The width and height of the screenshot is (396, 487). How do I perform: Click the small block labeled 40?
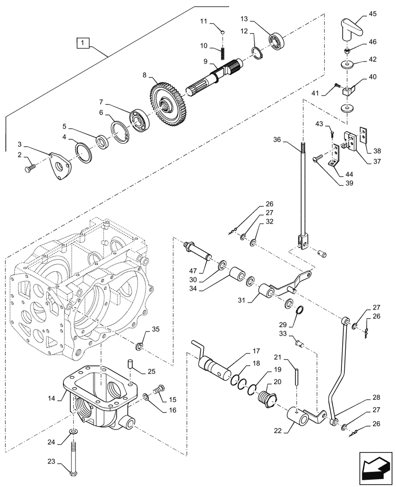click(347, 91)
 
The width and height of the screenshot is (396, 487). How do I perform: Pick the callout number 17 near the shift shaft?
click(256, 351)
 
